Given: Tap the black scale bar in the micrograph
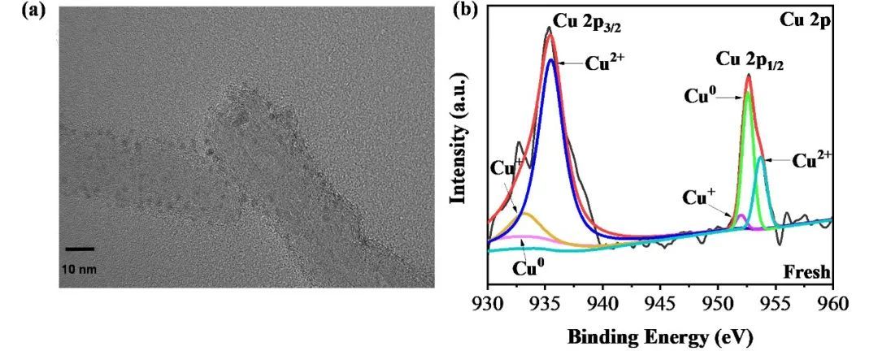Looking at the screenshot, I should [x=80, y=249].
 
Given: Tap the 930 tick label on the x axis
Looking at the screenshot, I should [x=487, y=305].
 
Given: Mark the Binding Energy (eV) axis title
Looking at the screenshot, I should [x=659, y=336].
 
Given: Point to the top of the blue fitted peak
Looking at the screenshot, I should [x=550, y=59].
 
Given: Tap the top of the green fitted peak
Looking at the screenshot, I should [x=747, y=92].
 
